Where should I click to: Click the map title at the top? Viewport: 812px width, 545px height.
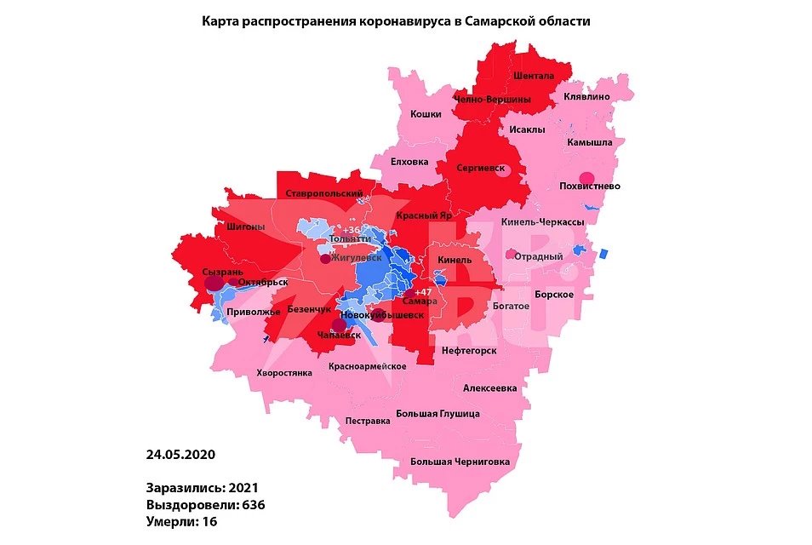click(395, 21)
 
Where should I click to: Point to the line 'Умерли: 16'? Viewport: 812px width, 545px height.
click(180, 521)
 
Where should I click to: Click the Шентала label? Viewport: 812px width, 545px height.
click(534, 76)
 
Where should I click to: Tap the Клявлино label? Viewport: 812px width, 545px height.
click(586, 97)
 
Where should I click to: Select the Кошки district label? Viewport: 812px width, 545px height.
click(426, 114)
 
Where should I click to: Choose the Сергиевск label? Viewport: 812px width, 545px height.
click(481, 168)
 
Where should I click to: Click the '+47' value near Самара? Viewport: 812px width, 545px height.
click(423, 292)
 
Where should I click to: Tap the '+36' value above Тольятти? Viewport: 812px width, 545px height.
click(351, 231)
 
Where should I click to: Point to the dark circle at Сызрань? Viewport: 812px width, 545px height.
click(214, 281)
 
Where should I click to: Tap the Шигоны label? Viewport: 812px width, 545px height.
click(247, 227)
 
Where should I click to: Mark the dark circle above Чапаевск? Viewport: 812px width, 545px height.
click(339, 324)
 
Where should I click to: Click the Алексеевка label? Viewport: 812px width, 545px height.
click(489, 388)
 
